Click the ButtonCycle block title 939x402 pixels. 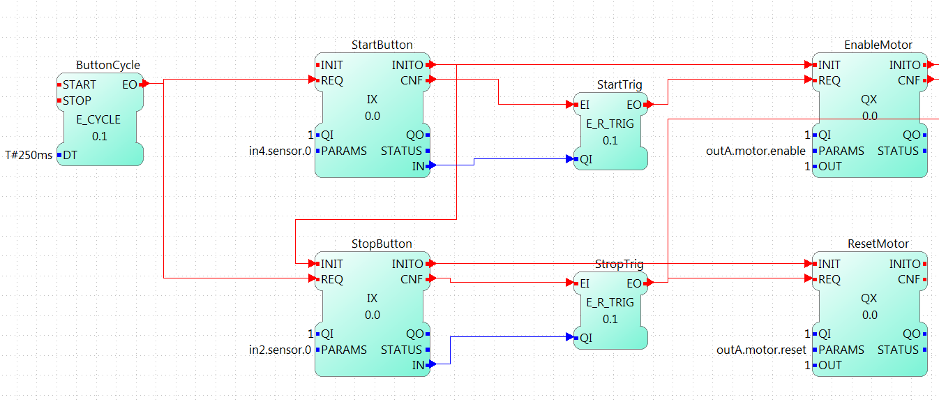coord(107,66)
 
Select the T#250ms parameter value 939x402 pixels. coord(29,155)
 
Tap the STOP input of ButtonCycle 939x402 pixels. coord(77,100)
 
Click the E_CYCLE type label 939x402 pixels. coord(98,119)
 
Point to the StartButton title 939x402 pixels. coord(382,45)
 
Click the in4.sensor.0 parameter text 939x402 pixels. coord(280,151)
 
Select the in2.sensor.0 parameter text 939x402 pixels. coord(280,350)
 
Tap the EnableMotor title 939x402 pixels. coord(878,45)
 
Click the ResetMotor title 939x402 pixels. coord(878,244)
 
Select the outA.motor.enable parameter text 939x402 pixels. coord(756,151)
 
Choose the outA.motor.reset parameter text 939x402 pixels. coord(761,350)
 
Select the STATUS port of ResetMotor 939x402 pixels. coord(898,350)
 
